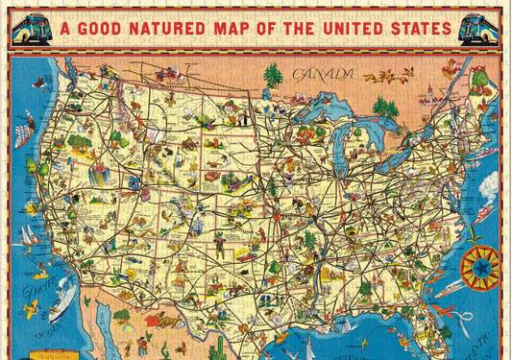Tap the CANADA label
click(x=322, y=74)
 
